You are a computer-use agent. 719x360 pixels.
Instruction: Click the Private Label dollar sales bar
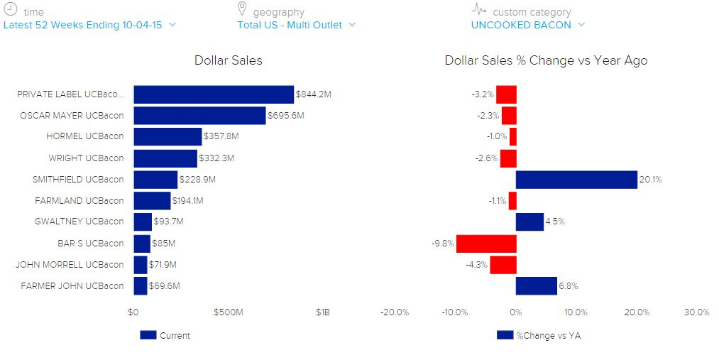coord(213,94)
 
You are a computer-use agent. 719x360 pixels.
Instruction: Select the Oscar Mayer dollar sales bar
coord(199,116)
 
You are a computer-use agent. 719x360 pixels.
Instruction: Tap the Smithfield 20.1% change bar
coord(576,180)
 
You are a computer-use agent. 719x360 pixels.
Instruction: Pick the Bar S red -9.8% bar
coord(486,244)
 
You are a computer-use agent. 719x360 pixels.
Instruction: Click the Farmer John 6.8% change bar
coord(537,286)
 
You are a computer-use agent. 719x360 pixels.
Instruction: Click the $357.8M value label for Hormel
coord(219,137)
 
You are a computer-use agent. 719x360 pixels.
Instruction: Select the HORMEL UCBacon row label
coord(84,136)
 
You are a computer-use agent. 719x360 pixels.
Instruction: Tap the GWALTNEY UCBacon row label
coord(79,222)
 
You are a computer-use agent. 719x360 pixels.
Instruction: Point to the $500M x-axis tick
coord(229,312)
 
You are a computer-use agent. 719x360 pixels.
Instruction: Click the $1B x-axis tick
coord(323,312)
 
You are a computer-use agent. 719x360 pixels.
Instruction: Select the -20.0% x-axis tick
coord(394,312)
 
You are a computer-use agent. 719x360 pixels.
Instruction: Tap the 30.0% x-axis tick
coord(696,312)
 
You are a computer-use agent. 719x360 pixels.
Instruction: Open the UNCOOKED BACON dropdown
coord(527,25)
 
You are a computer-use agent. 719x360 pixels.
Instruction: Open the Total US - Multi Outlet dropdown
coord(296,25)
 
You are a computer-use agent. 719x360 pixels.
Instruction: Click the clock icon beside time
coord(11,10)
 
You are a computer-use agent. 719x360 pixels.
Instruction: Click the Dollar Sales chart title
coord(228,60)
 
